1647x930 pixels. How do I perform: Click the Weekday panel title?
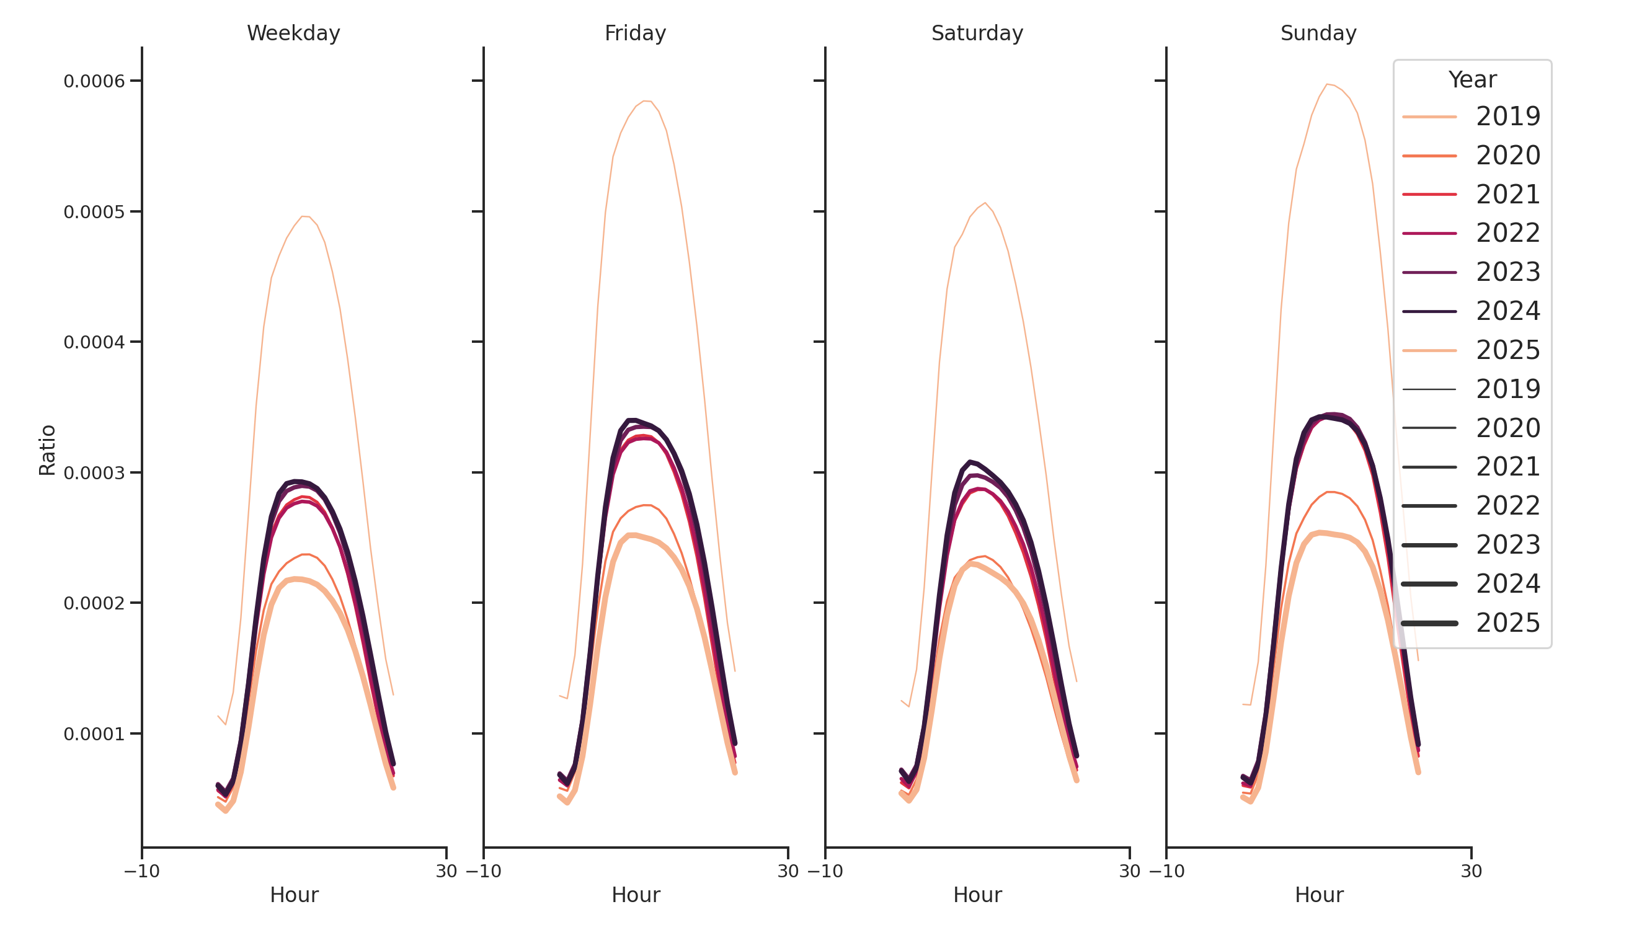pyautogui.click(x=293, y=33)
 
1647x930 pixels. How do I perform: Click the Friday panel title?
pyautogui.click(x=635, y=33)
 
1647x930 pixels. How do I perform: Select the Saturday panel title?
pyautogui.click(x=976, y=33)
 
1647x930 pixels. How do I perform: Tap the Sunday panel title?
pyautogui.click(x=1318, y=33)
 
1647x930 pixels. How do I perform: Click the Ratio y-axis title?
pyautogui.click(x=47, y=449)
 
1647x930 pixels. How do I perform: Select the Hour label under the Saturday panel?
pyautogui.click(x=977, y=895)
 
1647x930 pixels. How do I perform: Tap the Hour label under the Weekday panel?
pyautogui.click(x=293, y=895)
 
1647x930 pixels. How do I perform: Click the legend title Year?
pyautogui.click(x=1472, y=80)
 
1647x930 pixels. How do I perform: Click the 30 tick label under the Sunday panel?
pyautogui.click(x=1470, y=871)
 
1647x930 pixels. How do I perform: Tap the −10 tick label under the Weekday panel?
pyautogui.click(x=142, y=871)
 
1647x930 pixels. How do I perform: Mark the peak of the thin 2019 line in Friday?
pyautogui.click(x=646, y=101)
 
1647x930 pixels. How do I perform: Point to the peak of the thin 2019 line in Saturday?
pyautogui.click(x=985, y=203)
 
